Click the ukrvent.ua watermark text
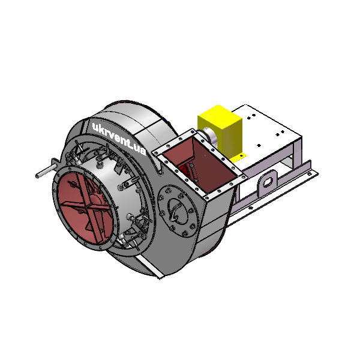click(119, 139)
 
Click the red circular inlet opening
click(85, 208)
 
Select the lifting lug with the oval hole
click(267, 182)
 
